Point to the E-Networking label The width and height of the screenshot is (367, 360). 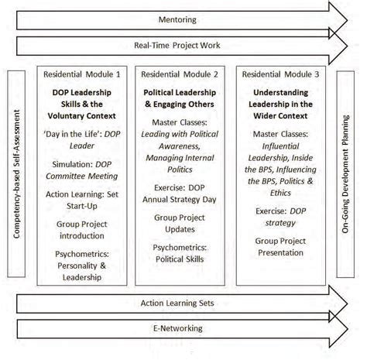pos(178,329)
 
